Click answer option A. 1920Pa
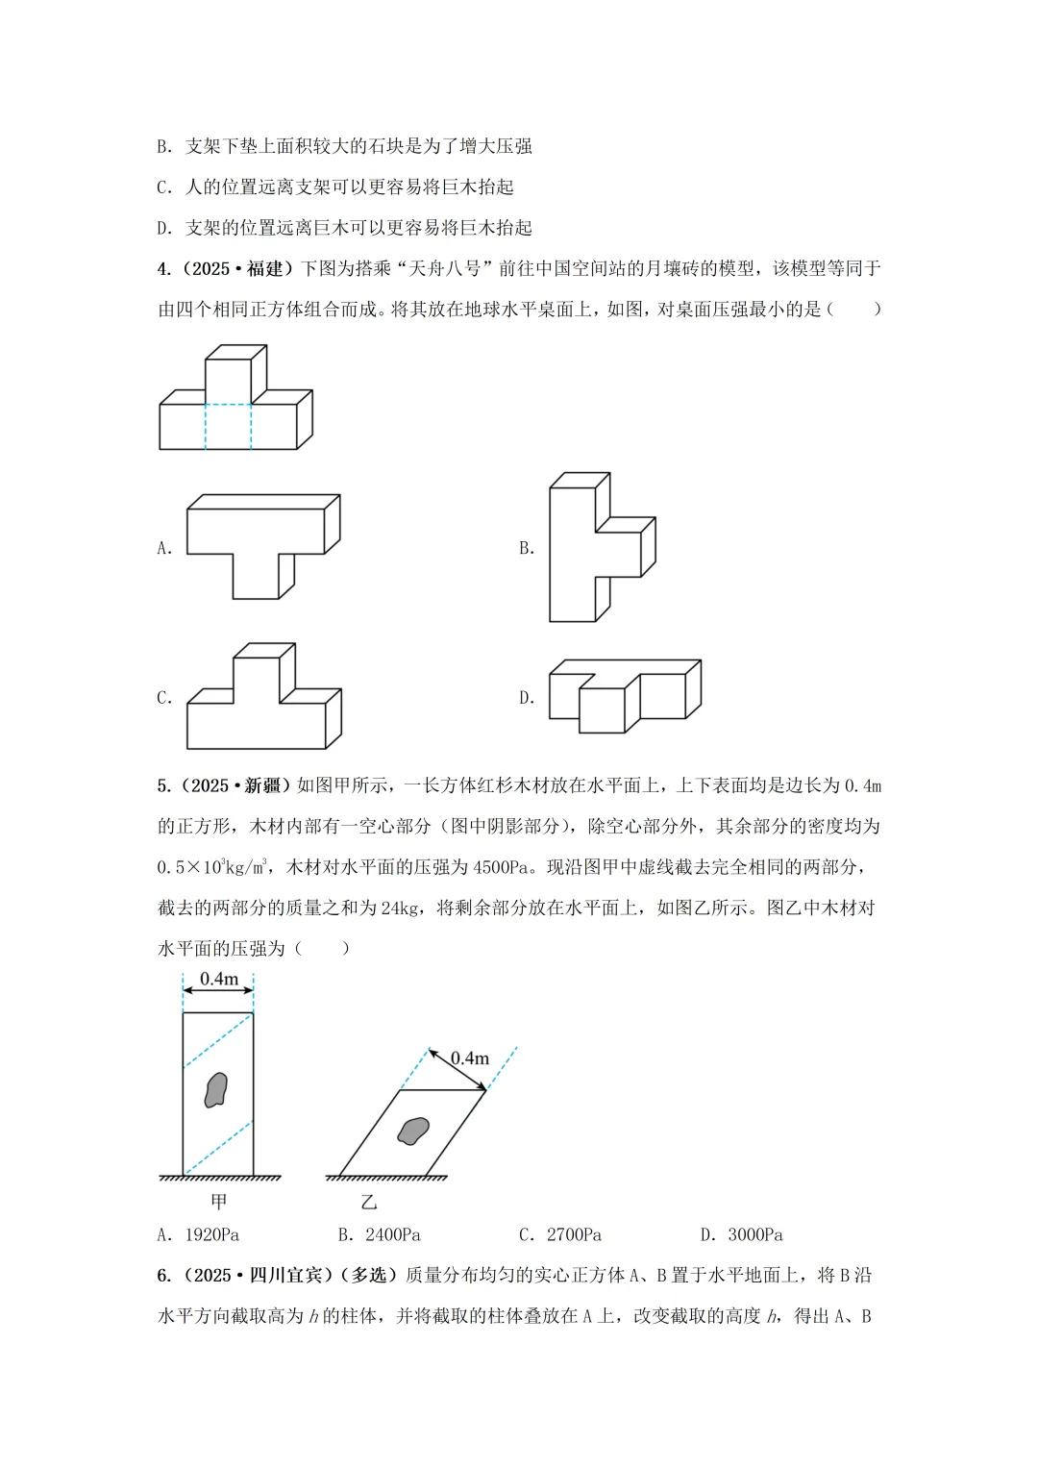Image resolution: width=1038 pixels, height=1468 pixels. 198,1234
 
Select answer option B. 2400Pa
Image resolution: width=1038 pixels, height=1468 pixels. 379,1234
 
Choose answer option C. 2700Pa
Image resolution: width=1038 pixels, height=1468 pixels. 560,1234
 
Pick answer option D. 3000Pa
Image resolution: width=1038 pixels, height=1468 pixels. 741,1234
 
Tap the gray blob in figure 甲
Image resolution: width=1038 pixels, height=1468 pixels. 216,1090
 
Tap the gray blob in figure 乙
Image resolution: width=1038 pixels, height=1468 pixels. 414,1132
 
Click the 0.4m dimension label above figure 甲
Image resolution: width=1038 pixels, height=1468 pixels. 219,979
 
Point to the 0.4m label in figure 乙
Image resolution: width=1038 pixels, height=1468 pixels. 470,1058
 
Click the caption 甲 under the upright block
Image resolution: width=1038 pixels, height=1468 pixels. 219,1202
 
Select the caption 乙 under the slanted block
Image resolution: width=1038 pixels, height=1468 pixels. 369,1203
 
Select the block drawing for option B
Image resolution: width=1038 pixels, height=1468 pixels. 600,547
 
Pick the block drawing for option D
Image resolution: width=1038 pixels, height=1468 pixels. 624,694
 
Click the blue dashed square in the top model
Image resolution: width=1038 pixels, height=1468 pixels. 228,426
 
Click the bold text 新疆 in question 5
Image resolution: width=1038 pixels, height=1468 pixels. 261,785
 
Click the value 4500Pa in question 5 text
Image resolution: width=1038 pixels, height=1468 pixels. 501,867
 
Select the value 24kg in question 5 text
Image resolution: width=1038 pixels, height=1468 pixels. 399,908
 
